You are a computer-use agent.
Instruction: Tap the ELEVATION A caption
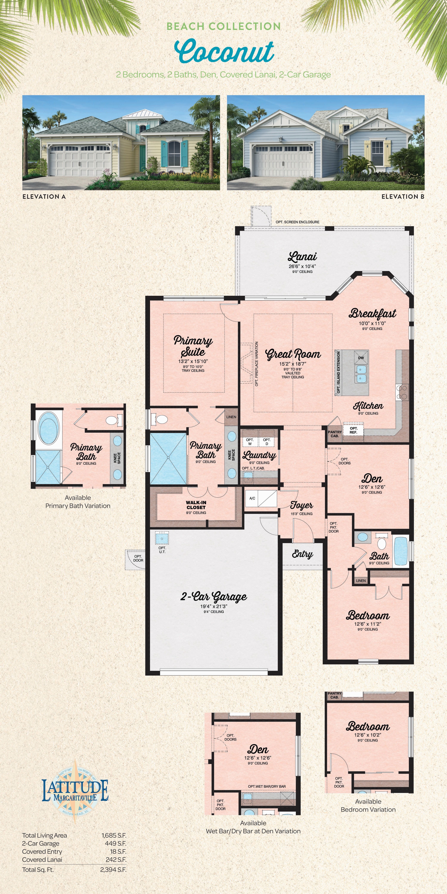pyautogui.click(x=44, y=196)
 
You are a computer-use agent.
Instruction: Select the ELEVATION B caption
pyautogui.click(x=403, y=196)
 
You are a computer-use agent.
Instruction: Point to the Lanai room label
pyautogui.click(x=302, y=257)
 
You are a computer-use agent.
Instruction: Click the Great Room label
pyautogui.click(x=293, y=354)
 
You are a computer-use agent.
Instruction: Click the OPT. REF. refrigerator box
pyautogui.click(x=353, y=430)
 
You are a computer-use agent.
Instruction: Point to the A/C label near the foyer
pyautogui.click(x=252, y=498)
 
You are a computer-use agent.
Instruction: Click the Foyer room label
pyautogui.click(x=301, y=505)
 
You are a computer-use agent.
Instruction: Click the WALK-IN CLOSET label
pyautogui.click(x=196, y=505)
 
